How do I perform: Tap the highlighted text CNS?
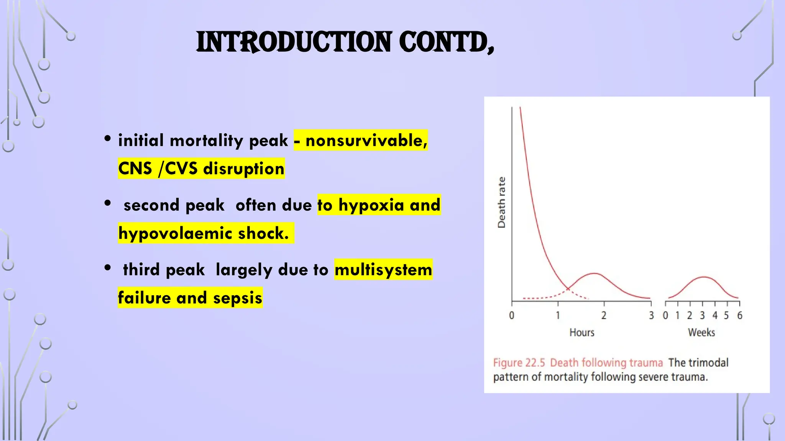click(135, 169)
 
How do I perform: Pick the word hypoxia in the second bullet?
click(371, 205)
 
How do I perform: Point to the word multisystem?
click(383, 270)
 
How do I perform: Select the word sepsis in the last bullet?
click(238, 298)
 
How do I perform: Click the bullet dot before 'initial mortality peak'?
click(108, 138)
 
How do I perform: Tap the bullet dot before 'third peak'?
click(108, 268)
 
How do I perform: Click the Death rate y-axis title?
click(501, 203)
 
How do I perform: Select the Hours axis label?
click(582, 332)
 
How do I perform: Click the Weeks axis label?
click(701, 332)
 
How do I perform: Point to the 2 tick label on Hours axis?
click(604, 315)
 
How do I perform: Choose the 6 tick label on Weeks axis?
click(740, 315)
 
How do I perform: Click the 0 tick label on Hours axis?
click(511, 315)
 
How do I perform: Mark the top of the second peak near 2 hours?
click(594, 273)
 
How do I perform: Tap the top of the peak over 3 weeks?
click(703, 277)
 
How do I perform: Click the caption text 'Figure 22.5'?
click(519, 363)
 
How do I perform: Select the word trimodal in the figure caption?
click(709, 363)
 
